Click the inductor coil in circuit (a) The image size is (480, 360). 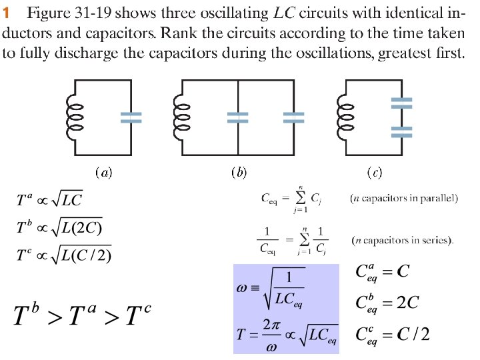tap(73, 117)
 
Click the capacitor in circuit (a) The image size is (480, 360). tap(131, 117)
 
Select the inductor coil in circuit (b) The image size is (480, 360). tap(181, 117)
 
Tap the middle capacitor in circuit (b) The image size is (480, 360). tap(238, 117)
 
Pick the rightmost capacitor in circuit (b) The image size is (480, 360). tap(293, 117)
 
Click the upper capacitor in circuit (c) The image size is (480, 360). tap(401, 103)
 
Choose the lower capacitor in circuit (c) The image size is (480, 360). tap(401, 131)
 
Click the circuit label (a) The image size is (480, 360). tap(103, 173)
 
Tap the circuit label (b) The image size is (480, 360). tap(239, 173)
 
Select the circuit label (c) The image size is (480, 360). tap(375, 173)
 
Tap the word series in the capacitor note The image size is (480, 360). tap(439, 240)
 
